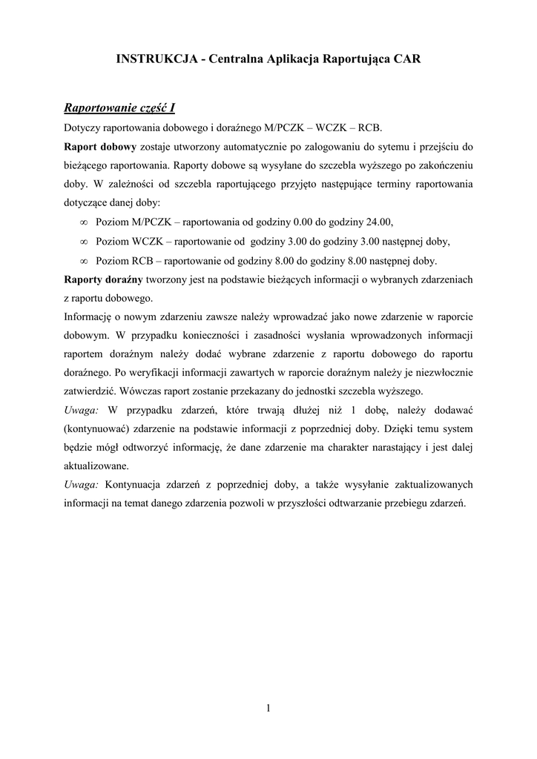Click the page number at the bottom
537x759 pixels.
268,708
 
